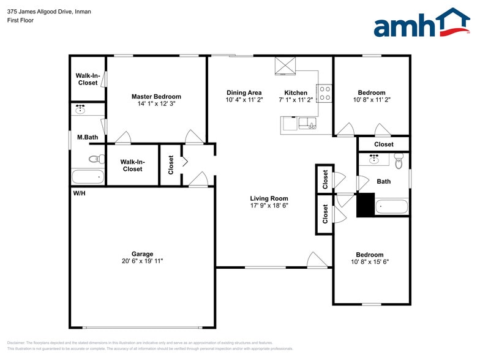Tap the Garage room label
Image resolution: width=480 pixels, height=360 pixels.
click(142, 253)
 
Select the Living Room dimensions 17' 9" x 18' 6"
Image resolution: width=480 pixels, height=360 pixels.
click(269, 206)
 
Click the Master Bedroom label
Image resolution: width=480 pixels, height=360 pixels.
click(156, 97)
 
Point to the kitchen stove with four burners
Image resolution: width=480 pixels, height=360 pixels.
click(324, 93)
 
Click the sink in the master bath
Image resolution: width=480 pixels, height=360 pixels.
click(80, 110)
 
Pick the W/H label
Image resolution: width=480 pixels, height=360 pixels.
click(79, 193)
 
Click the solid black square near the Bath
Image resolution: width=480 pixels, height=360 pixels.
click(365, 204)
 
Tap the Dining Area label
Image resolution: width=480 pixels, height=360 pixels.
click(244, 93)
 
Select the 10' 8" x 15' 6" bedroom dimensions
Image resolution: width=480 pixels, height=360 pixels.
click(370, 261)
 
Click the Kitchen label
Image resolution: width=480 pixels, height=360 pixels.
click(296, 93)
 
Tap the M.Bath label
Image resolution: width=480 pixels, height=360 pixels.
click(88, 138)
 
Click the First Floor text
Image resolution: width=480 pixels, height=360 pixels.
click(21, 20)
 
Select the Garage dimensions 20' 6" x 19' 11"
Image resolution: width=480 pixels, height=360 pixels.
click(142, 261)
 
